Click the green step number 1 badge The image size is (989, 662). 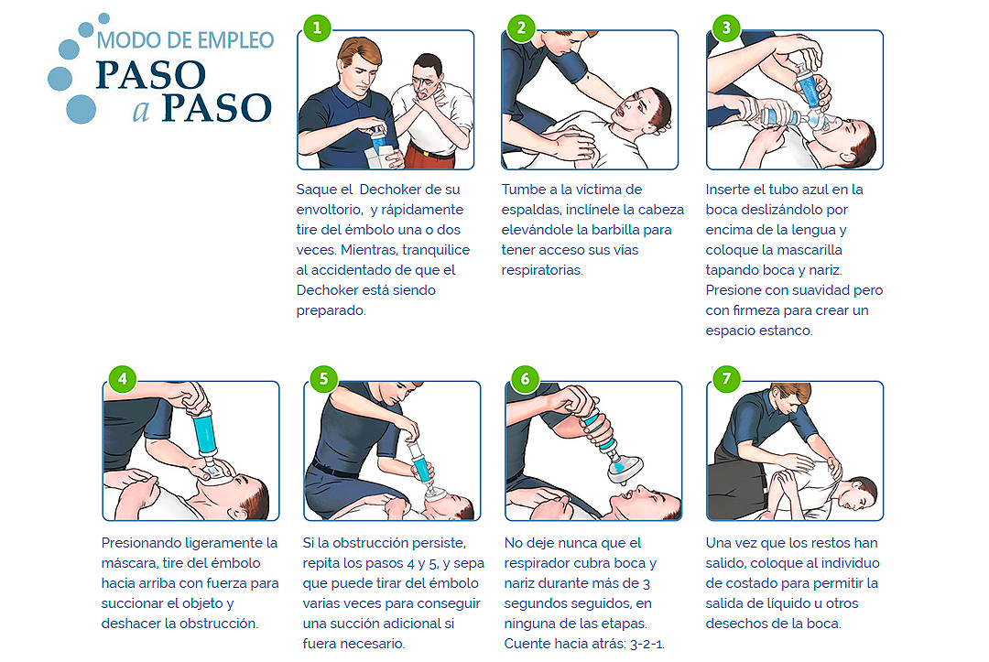click(317, 27)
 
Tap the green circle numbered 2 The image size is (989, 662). click(521, 27)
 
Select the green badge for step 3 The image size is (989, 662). click(726, 27)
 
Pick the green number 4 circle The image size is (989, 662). click(123, 379)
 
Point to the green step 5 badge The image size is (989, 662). click(323, 379)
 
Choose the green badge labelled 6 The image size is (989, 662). click(525, 379)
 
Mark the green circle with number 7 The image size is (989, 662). click(726, 379)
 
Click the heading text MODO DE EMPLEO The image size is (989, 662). click(185, 40)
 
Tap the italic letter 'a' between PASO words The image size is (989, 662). click(141, 110)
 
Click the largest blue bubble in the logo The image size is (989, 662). click(81, 109)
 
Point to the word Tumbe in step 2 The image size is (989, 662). click(522, 190)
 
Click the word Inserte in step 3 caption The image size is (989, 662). click(726, 190)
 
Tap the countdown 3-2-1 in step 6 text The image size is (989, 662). click(647, 644)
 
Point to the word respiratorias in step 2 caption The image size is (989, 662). click(542, 270)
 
